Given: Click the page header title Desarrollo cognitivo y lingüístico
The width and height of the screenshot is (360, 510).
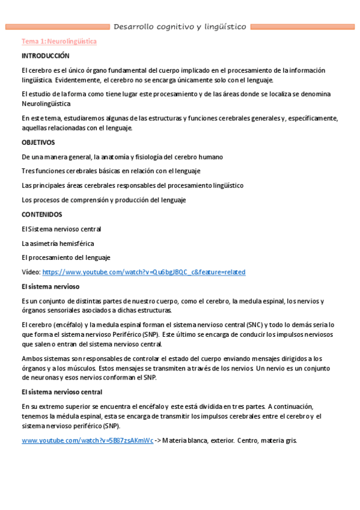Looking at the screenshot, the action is [x=180, y=26].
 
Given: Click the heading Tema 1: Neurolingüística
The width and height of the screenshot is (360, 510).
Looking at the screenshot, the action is [x=59, y=41].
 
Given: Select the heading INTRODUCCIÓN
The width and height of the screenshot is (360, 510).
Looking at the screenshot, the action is [x=46, y=55].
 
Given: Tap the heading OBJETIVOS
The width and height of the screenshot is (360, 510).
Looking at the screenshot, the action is [x=38, y=143].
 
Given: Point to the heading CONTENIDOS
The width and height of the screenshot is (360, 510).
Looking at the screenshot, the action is [x=41, y=214].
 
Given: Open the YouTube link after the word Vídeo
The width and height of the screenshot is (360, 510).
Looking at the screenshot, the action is [x=144, y=272].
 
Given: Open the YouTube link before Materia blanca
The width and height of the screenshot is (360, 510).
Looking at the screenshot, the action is [x=87, y=440].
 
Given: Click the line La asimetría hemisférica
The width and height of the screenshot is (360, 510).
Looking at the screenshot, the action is [x=58, y=243].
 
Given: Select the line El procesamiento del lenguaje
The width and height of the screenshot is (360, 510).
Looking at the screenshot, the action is [x=66, y=257].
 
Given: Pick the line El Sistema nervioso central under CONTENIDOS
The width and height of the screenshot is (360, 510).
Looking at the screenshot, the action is [x=61, y=229].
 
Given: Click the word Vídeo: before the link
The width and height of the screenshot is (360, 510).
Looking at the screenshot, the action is [x=31, y=272].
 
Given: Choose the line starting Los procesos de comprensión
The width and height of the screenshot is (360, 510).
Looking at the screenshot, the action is [x=104, y=200].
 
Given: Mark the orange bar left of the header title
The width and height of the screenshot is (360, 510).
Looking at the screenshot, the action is [x=57, y=26].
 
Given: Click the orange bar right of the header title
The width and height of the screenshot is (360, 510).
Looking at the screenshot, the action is [x=302, y=26].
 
